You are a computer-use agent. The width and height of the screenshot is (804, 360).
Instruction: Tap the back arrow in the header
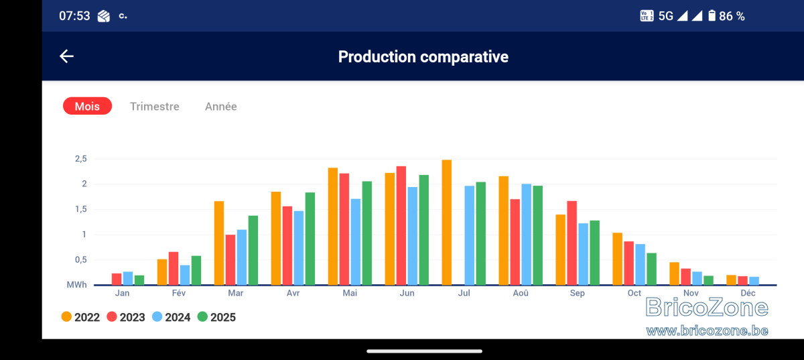coord(66,56)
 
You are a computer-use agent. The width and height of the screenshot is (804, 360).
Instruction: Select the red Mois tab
coord(87,106)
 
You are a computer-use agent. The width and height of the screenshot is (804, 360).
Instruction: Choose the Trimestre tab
coord(154,107)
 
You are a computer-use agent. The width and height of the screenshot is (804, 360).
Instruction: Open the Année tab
coord(220,107)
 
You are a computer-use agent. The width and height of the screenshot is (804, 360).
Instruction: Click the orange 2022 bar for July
coord(446,223)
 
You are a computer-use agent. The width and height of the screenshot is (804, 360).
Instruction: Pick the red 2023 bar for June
coord(401,226)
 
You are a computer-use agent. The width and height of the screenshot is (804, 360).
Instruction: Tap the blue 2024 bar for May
coord(355,242)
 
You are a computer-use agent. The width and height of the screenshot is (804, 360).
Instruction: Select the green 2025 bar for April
coord(310,239)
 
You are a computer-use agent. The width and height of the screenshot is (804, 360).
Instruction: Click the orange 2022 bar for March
coord(219,243)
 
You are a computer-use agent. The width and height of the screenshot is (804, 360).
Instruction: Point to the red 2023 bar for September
coord(572,243)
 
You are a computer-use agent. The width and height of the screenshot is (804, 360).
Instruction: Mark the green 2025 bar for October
coord(651,269)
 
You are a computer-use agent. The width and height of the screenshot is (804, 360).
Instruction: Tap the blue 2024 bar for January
coord(128,278)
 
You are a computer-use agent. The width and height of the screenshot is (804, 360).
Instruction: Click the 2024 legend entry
coord(172,317)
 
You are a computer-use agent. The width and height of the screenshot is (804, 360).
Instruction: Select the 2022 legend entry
coord(80,317)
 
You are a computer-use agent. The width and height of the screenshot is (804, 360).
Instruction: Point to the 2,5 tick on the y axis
coord(81,159)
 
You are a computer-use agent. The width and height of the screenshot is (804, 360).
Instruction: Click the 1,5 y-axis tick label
coord(81,209)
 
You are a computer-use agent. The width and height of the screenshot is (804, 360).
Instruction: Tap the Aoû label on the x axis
coord(521,293)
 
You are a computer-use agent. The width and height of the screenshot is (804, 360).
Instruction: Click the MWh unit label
coord(77,284)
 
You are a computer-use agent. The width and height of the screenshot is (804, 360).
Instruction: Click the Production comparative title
coord(423,57)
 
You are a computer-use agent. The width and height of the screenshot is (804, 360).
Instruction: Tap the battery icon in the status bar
coord(712,16)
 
